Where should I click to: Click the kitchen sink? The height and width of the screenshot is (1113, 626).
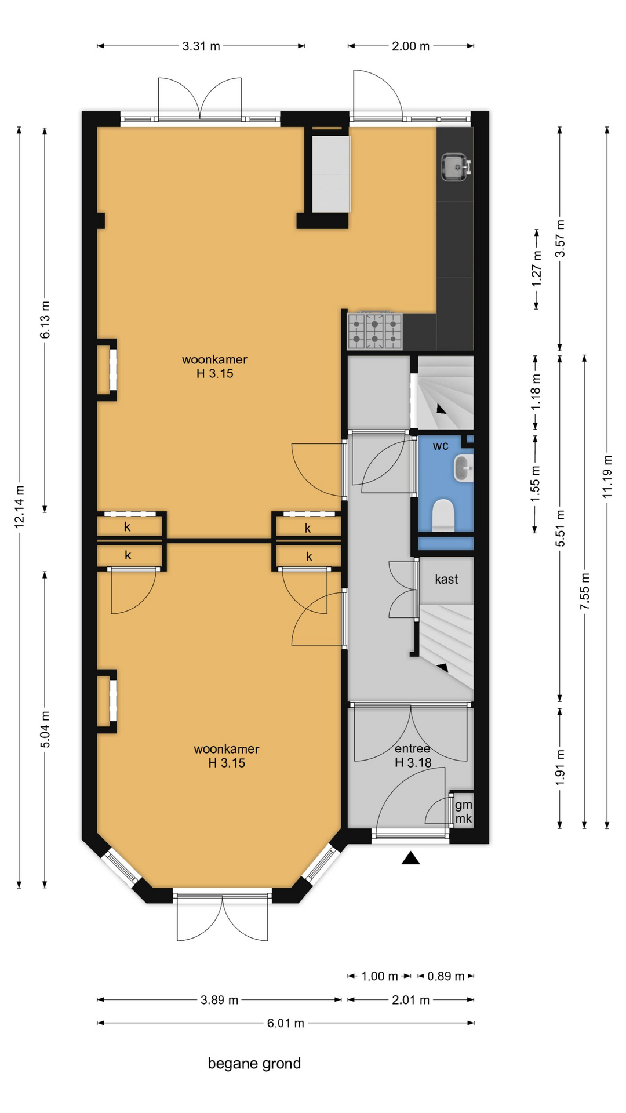pyautogui.click(x=456, y=167)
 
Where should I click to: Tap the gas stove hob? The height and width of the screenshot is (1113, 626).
pyautogui.click(x=374, y=331)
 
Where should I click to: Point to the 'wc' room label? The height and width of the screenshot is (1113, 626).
pyautogui.click(x=441, y=446)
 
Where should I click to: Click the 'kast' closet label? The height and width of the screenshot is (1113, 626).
pyautogui.click(x=446, y=579)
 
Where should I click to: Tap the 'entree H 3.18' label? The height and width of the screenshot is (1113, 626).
pyautogui.click(x=413, y=755)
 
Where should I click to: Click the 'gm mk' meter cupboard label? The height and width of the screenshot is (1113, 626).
pyautogui.click(x=463, y=812)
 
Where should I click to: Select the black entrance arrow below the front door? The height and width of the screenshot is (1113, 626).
pyautogui.click(x=410, y=858)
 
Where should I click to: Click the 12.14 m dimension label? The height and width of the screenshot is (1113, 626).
pyautogui.click(x=19, y=506)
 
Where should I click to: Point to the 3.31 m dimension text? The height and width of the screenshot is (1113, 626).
pyautogui.click(x=201, y=46)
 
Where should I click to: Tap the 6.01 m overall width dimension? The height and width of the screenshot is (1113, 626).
pyautogui.click(x=285, y=1023)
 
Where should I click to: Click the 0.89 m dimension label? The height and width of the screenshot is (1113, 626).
pyautogui.click(x=446, y=976)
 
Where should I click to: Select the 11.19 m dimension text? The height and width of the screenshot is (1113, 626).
pyautogui.click(x=607, y=477)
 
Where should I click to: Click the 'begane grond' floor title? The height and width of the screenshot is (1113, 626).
pyautogui.click(x=254, y=1064)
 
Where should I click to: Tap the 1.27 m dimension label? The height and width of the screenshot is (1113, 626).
pyautogui.click(x=537, y=267)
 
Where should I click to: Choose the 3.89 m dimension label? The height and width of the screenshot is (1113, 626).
pyautogui.click(x=220, y=1000)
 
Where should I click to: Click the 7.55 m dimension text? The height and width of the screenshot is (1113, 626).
pyautogui.click(x=585, y=591)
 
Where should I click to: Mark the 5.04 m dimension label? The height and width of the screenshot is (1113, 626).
pyautogui.click(x=45, y=729)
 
